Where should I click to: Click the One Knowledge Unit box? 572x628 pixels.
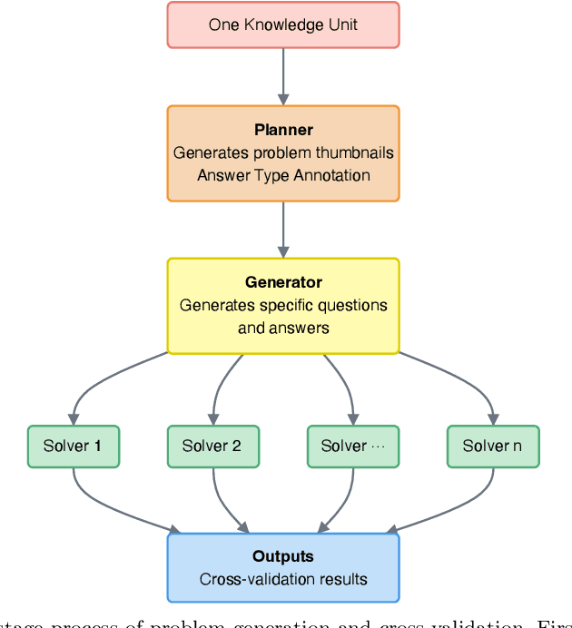(x=283, y=25)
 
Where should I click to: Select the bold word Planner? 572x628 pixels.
(x=283, y=130)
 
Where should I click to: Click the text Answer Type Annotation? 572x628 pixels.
(x=283, y=175)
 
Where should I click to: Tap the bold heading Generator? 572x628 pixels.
(x=283, y=282)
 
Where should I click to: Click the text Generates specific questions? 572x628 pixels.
(x=283, y=305)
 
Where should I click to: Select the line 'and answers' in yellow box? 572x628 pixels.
(x=283, y=328)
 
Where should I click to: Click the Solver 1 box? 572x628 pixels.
(x=73, y=446)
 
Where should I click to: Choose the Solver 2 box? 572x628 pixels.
(x=212, y=446)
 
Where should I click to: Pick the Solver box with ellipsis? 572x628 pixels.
(x=352, y=446)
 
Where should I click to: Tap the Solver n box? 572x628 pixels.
(x=493, y=446)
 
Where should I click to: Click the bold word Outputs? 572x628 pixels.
(x=283, y=556)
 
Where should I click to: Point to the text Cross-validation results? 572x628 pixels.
(x=283, y=579)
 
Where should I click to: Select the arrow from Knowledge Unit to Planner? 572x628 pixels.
(x=283, y=76)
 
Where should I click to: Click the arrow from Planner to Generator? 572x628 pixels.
(x=283, y=229)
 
